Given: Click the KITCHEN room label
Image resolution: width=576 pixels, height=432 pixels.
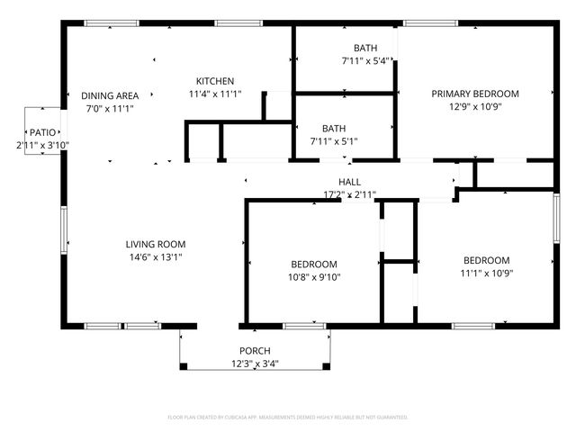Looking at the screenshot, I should (x=215, y=81).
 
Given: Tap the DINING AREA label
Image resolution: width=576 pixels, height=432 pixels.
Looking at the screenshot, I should (x=109, y=96).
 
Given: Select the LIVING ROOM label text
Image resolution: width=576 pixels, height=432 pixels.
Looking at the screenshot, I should (x=155, y=244).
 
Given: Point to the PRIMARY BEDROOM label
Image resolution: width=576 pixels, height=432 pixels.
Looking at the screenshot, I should (x=474, y=94).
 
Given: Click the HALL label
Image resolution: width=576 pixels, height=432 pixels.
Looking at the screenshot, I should (x=349, y=182).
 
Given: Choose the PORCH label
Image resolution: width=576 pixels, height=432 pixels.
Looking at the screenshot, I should (x=255, y=351).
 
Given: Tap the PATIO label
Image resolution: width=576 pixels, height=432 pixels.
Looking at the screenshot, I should (x=42, y=132).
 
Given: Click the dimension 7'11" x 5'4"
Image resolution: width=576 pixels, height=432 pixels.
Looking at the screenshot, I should (x=364, y=61).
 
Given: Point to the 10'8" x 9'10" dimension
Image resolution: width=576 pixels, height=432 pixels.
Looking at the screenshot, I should (x=314, y=276).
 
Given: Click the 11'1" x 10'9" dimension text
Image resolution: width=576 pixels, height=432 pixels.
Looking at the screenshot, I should (x=487, y=273).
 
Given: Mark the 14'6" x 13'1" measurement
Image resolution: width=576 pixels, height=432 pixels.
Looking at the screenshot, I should (x=155, y=256).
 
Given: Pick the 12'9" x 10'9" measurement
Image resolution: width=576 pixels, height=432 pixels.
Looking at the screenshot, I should (x=474, y=106).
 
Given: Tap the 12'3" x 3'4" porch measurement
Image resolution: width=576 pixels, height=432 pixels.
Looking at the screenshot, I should (x=255, y=364).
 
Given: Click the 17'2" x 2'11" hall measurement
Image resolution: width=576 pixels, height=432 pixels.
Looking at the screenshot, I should (x=349, y=194).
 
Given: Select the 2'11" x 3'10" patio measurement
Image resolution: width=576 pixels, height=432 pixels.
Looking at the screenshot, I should (x=42, y=145).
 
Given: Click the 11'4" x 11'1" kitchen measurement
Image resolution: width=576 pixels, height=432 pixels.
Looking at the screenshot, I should (x=215, y=94).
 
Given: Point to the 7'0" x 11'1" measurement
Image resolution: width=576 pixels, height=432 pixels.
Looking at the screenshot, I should (x=109, y=109).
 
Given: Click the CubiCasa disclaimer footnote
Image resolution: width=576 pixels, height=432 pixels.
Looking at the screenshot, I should (x=288, y=418).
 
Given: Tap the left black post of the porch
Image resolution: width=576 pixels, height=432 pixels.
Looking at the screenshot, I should (x=183, y=366).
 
